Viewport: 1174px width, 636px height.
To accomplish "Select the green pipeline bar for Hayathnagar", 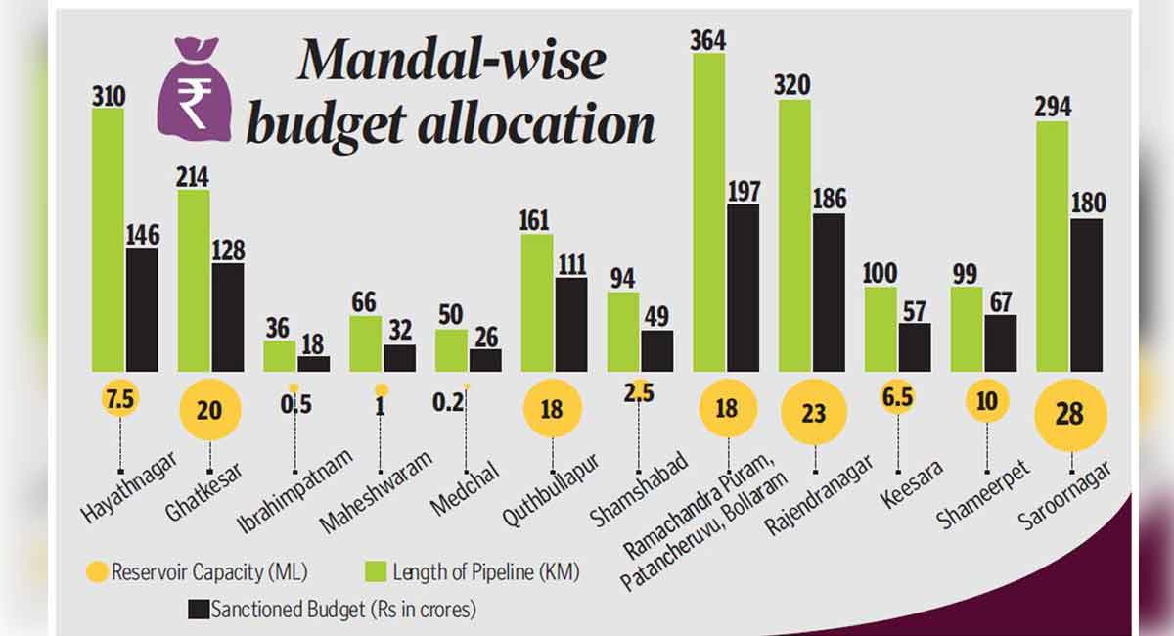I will (108, 240).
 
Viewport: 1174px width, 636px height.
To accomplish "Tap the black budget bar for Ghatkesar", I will (228, 317).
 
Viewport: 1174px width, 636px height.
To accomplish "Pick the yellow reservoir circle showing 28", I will (1070, 414).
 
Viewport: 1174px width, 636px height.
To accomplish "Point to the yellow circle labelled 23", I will (814, 412).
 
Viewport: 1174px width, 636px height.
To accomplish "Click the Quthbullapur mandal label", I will (550, 489).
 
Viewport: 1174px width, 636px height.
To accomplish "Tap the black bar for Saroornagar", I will (1086, 295).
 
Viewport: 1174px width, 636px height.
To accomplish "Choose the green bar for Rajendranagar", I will (794, 235).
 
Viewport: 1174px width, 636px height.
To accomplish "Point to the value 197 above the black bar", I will (743, 190).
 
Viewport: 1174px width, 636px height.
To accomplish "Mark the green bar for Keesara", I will (880, 329).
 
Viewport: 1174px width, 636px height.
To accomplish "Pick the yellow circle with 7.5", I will (119, 398).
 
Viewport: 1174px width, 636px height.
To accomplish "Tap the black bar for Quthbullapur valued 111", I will (571, 324).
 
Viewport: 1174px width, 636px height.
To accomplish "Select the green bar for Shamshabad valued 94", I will (623, 332).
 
